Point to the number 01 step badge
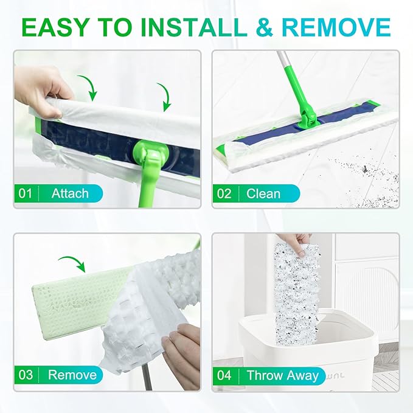point(25,194)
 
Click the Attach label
point(70,194)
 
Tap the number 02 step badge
point(224,194)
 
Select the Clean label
point(263,194)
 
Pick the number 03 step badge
point(25,375)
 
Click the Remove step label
point(72,375)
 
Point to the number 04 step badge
point(224,375)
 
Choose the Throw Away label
point(283,375)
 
